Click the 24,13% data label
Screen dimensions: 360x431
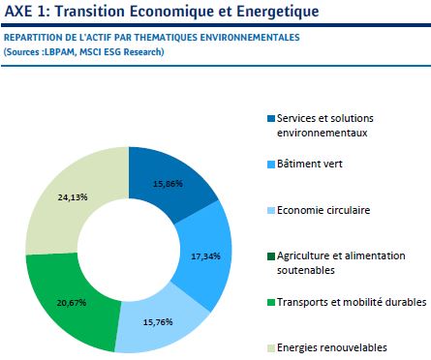(x=74, y=196)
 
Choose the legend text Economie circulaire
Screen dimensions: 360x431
(x=324, y=209)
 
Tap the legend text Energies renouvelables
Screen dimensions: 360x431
(x=332, y=347)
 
